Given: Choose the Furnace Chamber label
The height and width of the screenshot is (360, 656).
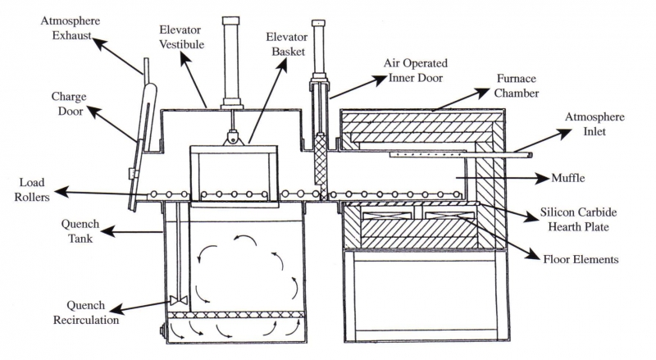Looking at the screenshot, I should pos(517,86).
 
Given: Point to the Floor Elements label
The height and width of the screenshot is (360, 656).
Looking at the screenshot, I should pos(581,260).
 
